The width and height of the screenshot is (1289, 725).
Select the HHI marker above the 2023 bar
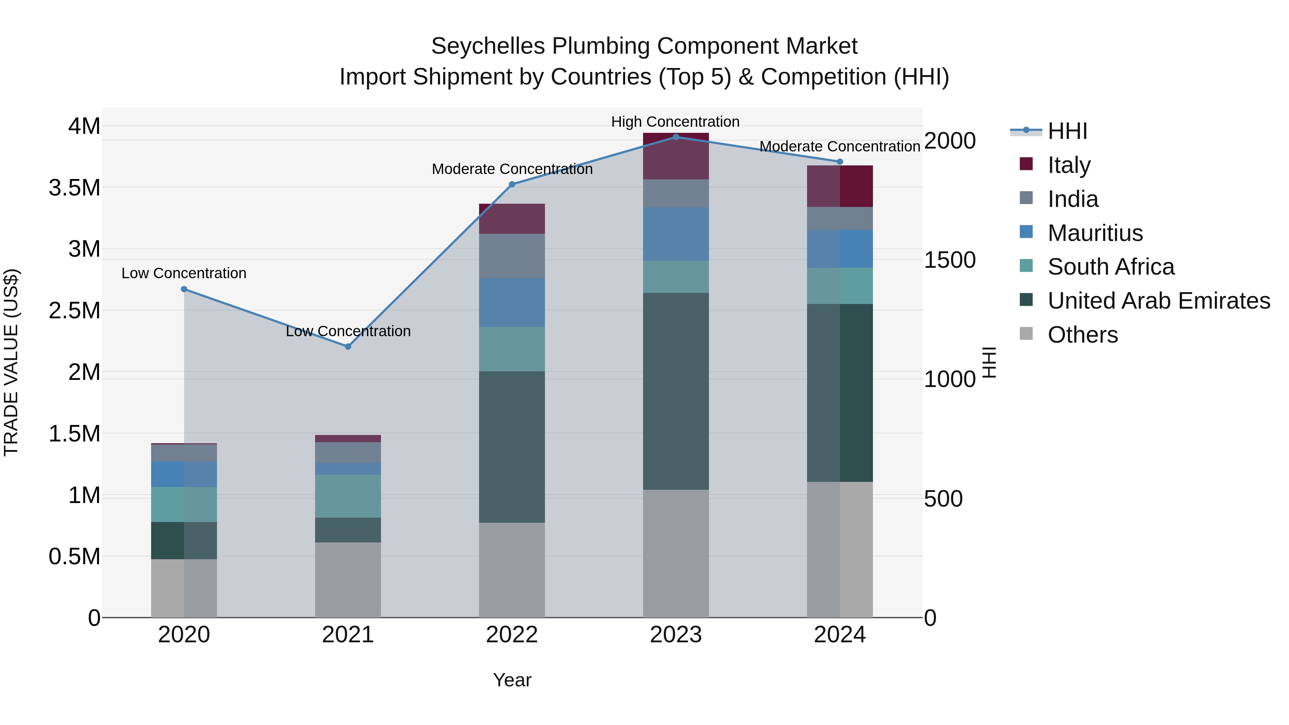[676, 137]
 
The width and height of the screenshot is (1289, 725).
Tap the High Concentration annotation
[675, 122]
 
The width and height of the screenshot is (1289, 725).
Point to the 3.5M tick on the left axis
[74, 188]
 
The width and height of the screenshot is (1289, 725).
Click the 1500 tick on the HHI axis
[949, 260]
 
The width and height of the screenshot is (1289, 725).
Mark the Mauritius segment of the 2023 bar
[676, 234]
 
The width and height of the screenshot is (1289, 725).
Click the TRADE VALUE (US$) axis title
[11, 362]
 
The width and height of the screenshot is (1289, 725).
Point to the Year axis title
[512, 680]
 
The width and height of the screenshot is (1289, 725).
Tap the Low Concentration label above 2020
[184, 274]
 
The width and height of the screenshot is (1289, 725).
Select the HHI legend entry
[1067, 131]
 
